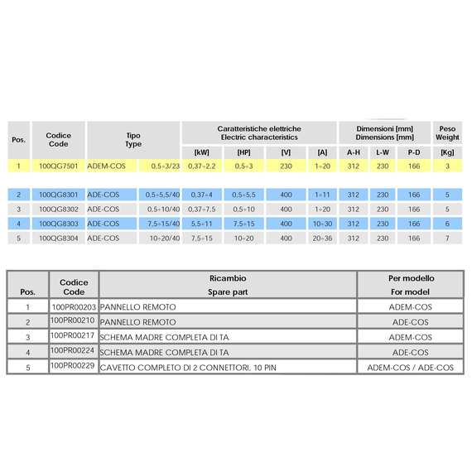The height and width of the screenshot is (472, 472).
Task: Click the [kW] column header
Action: (x=201, y=152)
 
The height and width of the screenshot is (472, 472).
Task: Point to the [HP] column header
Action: (x=243, y=152)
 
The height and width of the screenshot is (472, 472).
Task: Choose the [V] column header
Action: (x=286, y=152)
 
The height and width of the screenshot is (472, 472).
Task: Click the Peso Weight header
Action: (x=447, y=133)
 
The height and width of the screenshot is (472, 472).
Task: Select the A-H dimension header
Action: (x=354, y=152)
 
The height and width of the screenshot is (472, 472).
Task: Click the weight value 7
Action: (x=447, y=238)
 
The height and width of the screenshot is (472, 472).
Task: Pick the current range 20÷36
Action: (x=322, y=238)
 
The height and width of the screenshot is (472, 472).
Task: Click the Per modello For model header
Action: (x=411, y=285)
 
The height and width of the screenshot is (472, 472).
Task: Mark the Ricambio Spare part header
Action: (x=227, y=285)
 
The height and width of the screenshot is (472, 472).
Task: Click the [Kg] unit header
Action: (x=447, y=152)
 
